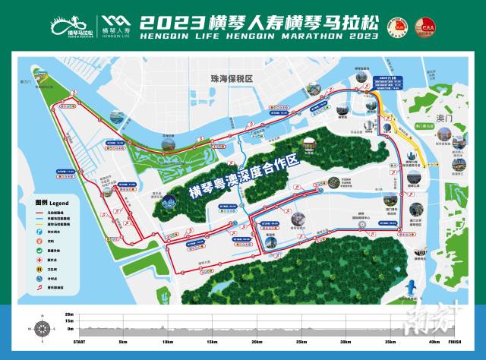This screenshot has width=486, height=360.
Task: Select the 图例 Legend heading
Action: click(51, 204)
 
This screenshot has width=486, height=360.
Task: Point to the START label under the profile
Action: click(79, 343)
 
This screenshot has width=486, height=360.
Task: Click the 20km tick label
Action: click(257, 343)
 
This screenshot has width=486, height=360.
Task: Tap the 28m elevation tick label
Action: click(68, 314)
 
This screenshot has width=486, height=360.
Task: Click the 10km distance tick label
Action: click(168, 343)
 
